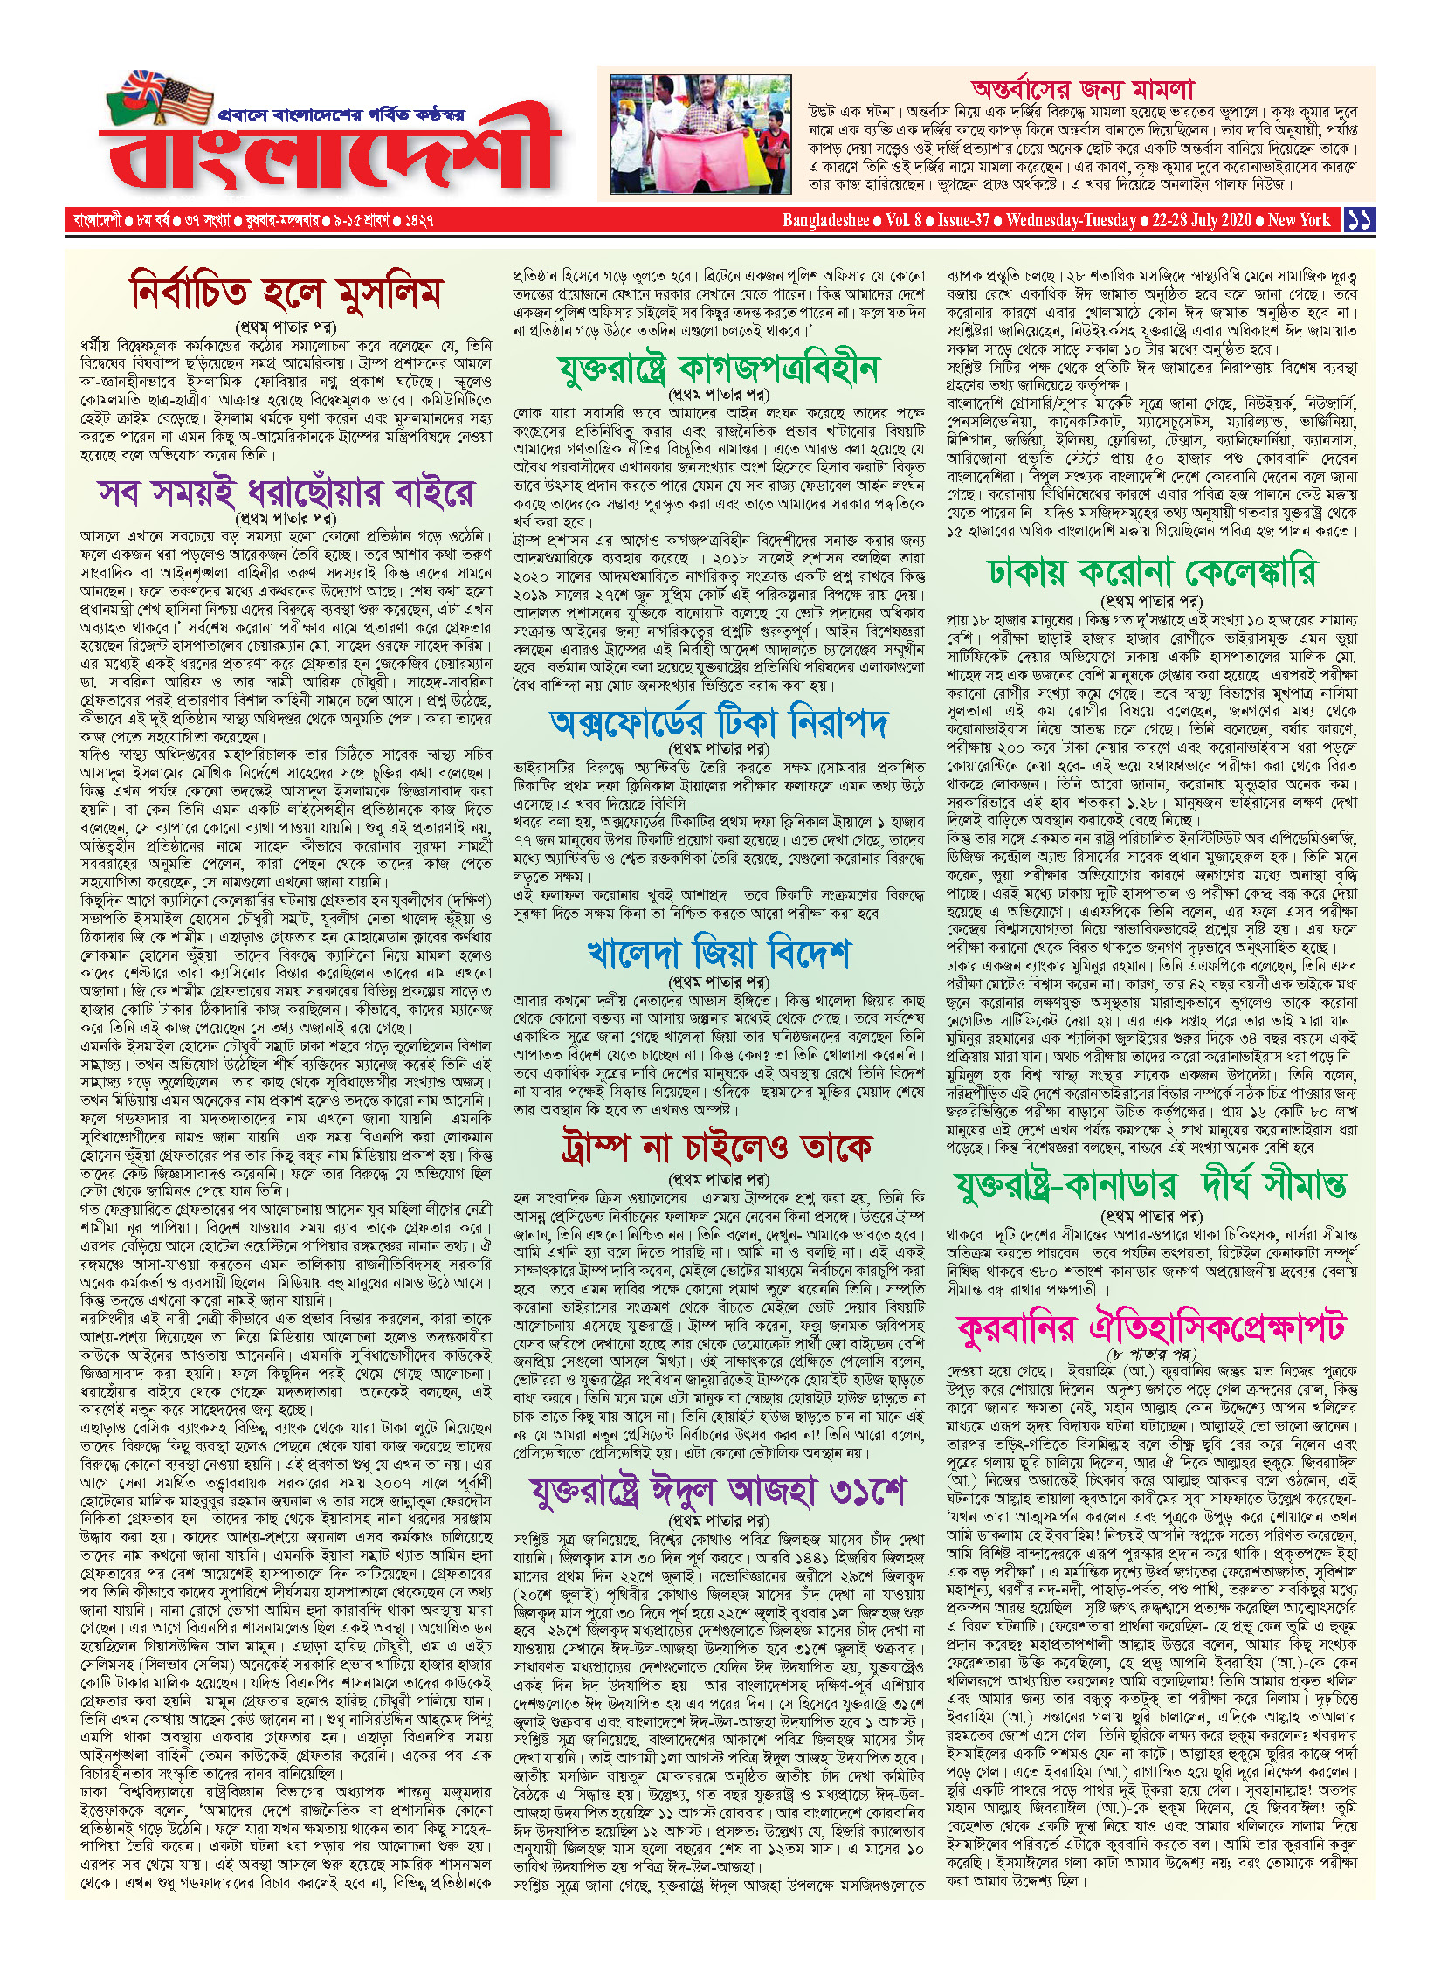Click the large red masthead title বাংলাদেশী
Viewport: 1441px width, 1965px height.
coord(327,162)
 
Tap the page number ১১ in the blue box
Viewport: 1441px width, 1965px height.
coord(1359,220)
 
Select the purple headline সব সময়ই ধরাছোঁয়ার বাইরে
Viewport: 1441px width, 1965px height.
coord(286,493)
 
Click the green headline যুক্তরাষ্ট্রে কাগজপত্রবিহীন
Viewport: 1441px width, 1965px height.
coord(718,368)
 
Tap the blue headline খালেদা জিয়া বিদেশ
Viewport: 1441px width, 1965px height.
coord(718,952)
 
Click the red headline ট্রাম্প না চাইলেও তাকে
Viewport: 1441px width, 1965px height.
coord(718,1147)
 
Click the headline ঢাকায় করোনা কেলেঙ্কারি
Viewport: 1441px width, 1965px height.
coord(1151,573)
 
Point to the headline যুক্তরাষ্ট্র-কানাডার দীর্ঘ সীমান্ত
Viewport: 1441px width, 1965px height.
coord(1151,1186)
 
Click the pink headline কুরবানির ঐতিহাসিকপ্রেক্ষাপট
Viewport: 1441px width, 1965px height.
coord(1151,1328)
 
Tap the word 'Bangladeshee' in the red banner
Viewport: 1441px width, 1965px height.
coord(825,220)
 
